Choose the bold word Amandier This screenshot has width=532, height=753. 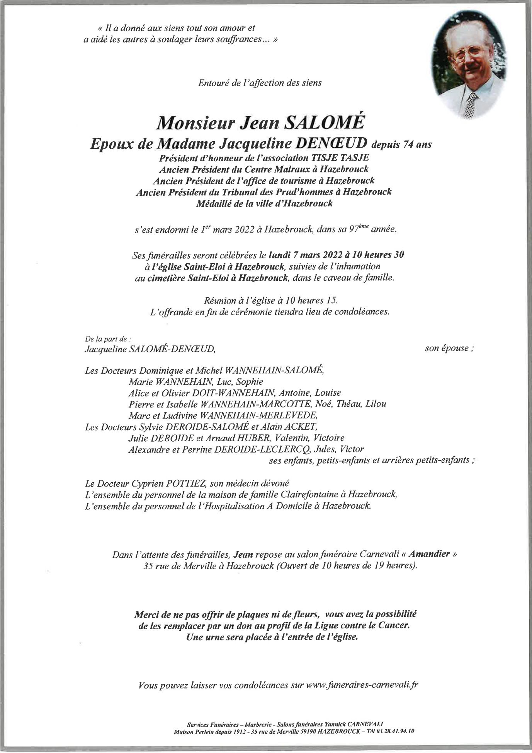click(429, 554)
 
